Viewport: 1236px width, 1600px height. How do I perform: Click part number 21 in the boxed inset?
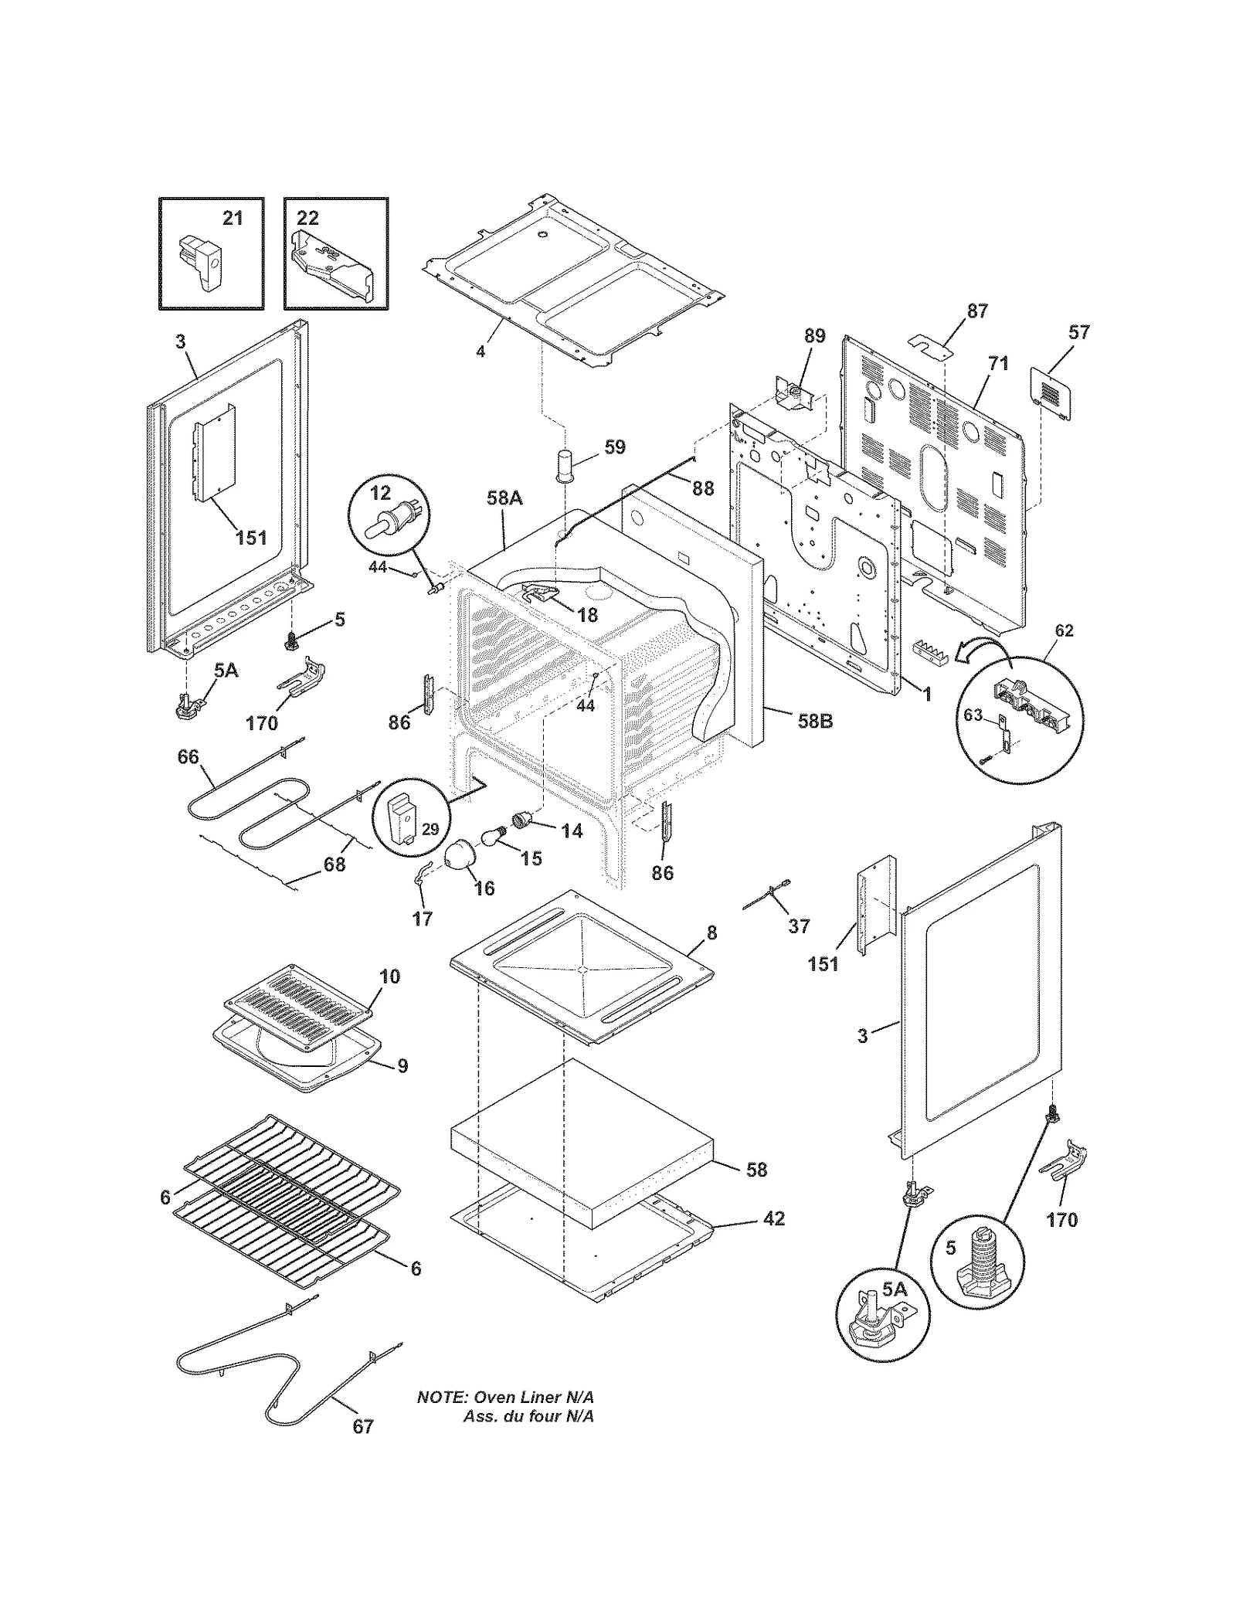pyautogui.click(x=233, y=219)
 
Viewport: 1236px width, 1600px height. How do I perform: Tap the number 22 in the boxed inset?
pyautogui.click(x=307, y=219)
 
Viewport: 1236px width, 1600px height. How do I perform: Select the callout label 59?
pyautogui.click(x=614, y=447)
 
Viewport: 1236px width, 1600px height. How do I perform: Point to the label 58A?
pyautogui.click(x=504, y=498)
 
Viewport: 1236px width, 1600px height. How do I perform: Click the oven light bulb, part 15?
pyautogui.click(x=492, y=836)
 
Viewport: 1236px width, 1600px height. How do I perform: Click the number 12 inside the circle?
pyautogui.click(x=381, y=493)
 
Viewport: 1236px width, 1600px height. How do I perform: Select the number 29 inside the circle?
pyautogui.click(x=430, y=829)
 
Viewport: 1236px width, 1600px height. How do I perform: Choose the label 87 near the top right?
pyautogui.click(x=977, y=311)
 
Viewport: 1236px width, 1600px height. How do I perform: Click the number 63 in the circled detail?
pyautogui.click(x=973, y=715)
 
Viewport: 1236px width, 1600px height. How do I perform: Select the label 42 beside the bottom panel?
pyautogui.click(x=773, y=1218)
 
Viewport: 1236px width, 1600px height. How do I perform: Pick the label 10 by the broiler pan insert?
pyautogui.click(x=390, y=977)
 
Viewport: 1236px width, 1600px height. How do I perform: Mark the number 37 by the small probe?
pyautogui.click(x=799, y=925)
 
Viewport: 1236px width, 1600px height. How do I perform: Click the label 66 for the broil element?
pyautogui.click(x=188, y=757)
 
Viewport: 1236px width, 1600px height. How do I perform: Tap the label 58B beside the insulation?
pyautogui.click(x=815, y=722)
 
